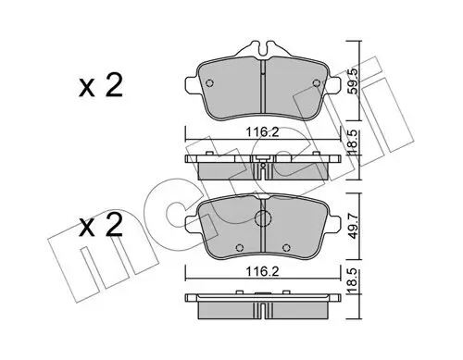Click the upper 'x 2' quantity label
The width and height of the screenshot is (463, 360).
click(100, 90)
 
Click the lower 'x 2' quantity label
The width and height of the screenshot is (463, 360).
click(100, 227)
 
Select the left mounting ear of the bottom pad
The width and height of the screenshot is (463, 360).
click(192, 221)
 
